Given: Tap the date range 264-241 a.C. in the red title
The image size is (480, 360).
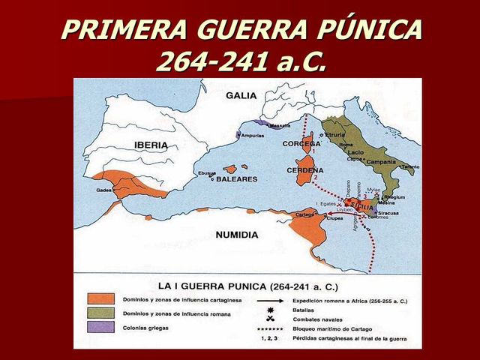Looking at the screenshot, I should pos(241,61).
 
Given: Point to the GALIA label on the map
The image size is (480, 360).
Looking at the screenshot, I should pos(241,95).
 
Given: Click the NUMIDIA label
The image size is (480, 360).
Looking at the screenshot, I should pos(236,235).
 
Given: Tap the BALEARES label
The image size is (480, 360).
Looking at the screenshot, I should pos(238,179).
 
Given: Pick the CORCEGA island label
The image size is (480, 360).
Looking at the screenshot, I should pos(301,143).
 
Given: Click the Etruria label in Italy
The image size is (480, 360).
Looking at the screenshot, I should pos(335,135).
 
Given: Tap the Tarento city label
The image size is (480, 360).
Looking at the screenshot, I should pos(409,166).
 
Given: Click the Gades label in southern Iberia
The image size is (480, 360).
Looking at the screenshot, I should pos(104,190).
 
